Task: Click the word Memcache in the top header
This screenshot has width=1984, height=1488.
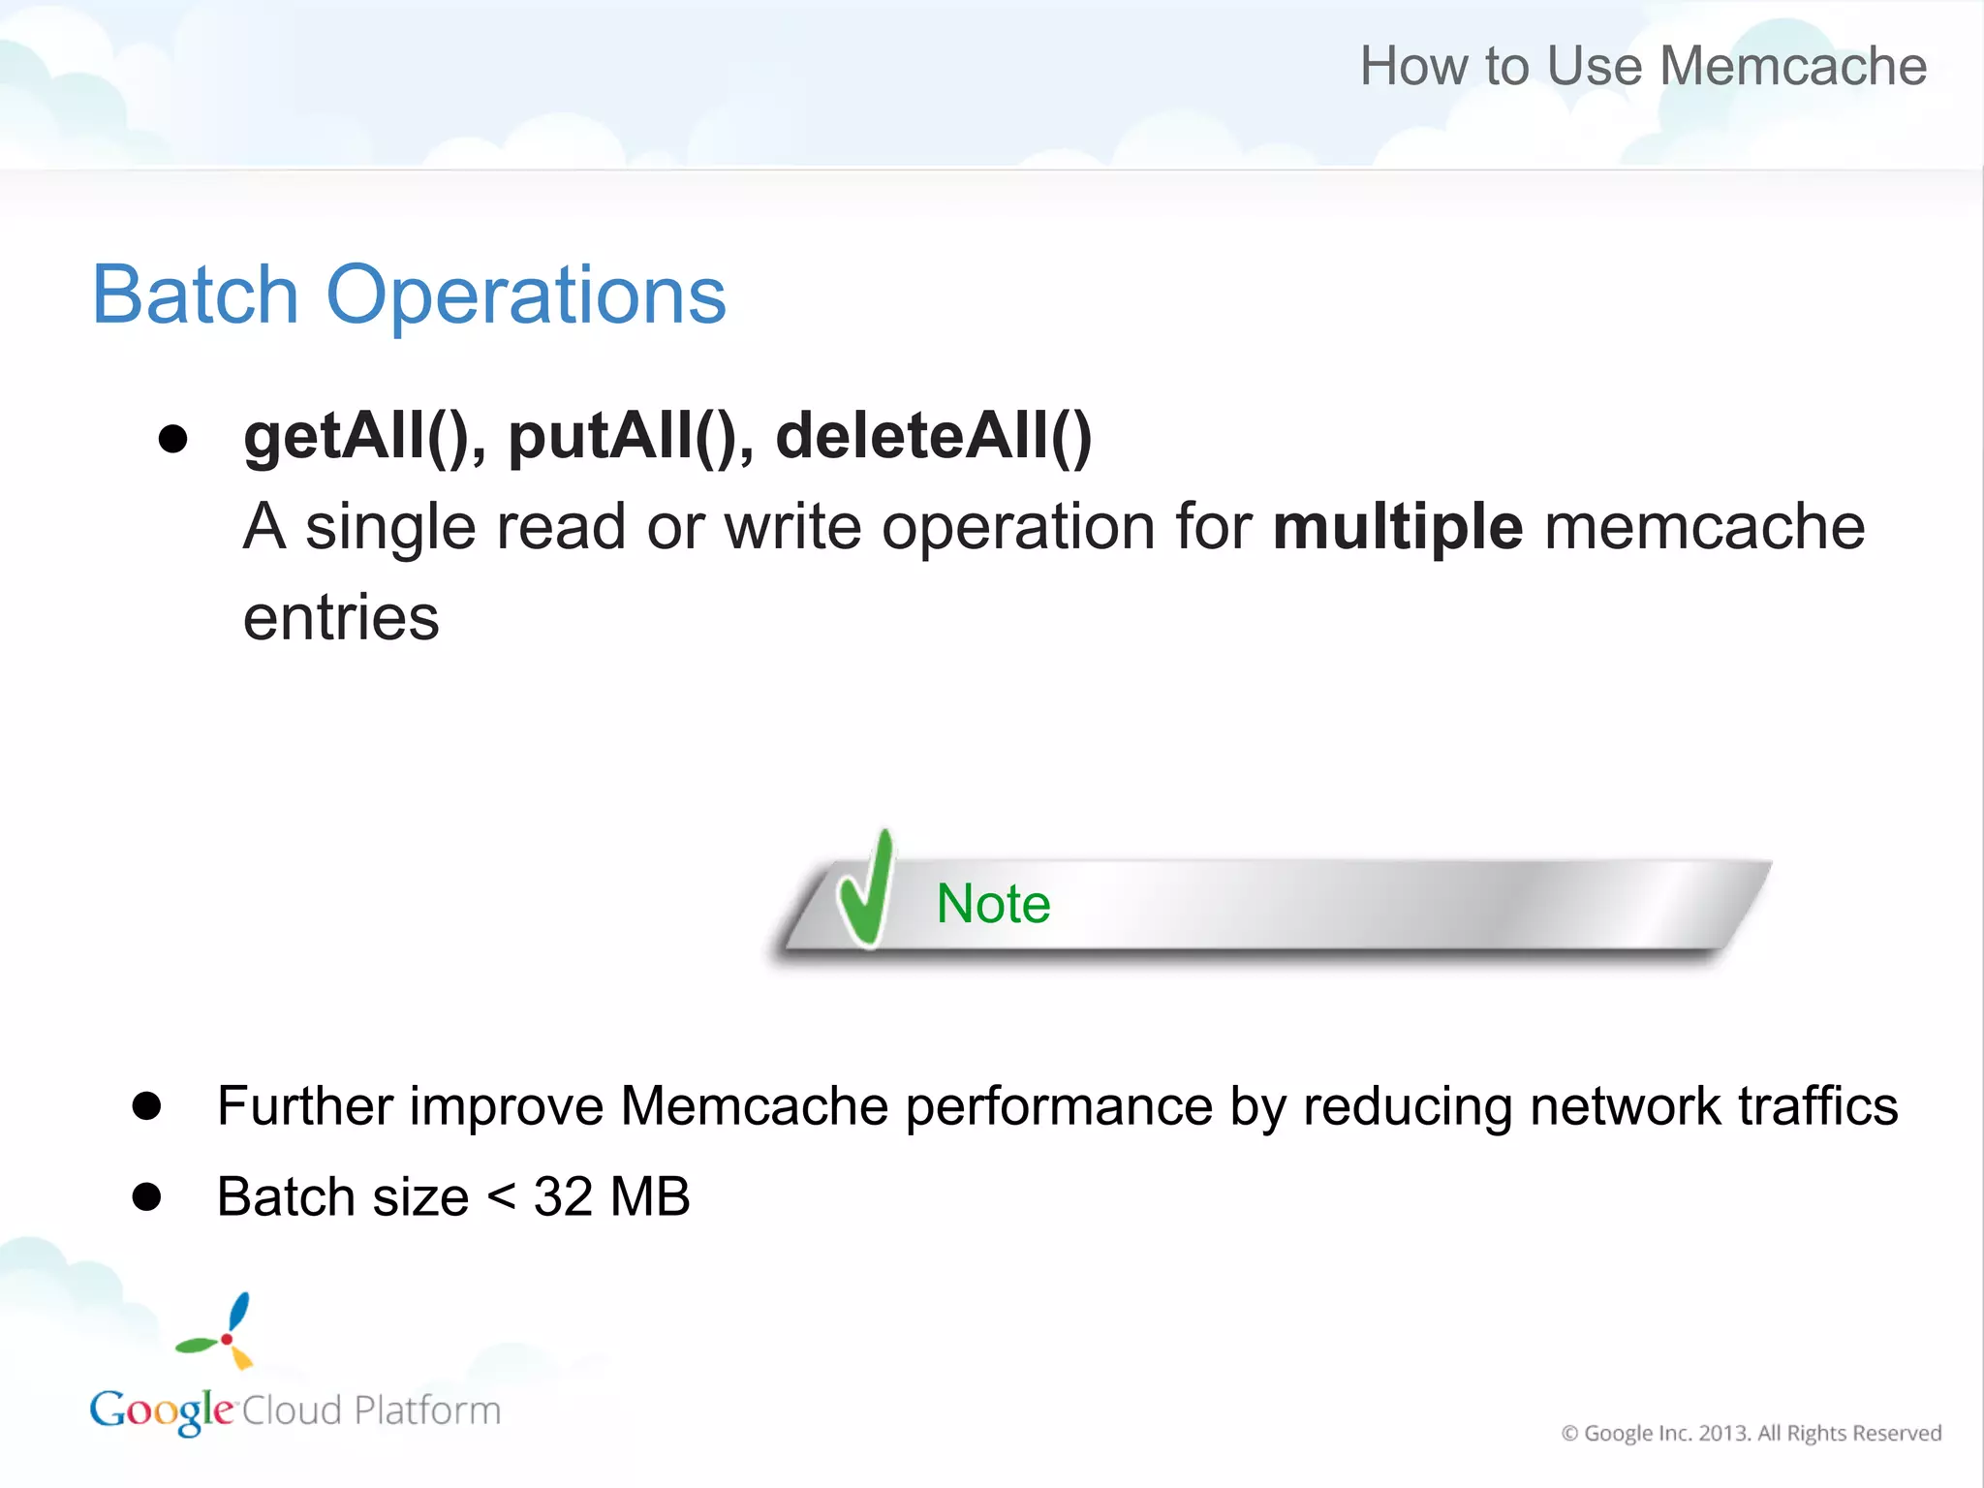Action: click(x=1793, y=66)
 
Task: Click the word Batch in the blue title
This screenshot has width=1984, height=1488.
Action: click(x=195, y=294)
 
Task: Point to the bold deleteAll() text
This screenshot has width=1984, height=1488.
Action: click(x=934, y=437)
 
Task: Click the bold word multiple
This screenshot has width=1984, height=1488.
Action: click(x=1398, y=528)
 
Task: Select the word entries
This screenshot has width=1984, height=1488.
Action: click(x=341, y=618)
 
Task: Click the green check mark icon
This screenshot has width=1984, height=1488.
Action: click(x=866, y=889)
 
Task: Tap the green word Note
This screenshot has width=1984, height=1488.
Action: click(x=993, y=904)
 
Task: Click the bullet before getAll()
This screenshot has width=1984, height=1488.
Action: click(x=173, y=439)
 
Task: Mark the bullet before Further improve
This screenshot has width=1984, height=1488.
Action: click(x=147, y=1106)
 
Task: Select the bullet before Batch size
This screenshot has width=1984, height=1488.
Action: click(x=147, y=1197)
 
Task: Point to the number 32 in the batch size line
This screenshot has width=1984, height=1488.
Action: click(x=563, y=1197)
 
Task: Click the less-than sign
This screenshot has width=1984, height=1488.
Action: click(x=501, y=1197)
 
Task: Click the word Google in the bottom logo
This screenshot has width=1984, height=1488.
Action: click(x=161, y=1411)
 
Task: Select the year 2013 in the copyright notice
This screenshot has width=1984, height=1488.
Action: click(x=1723, y=1433)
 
